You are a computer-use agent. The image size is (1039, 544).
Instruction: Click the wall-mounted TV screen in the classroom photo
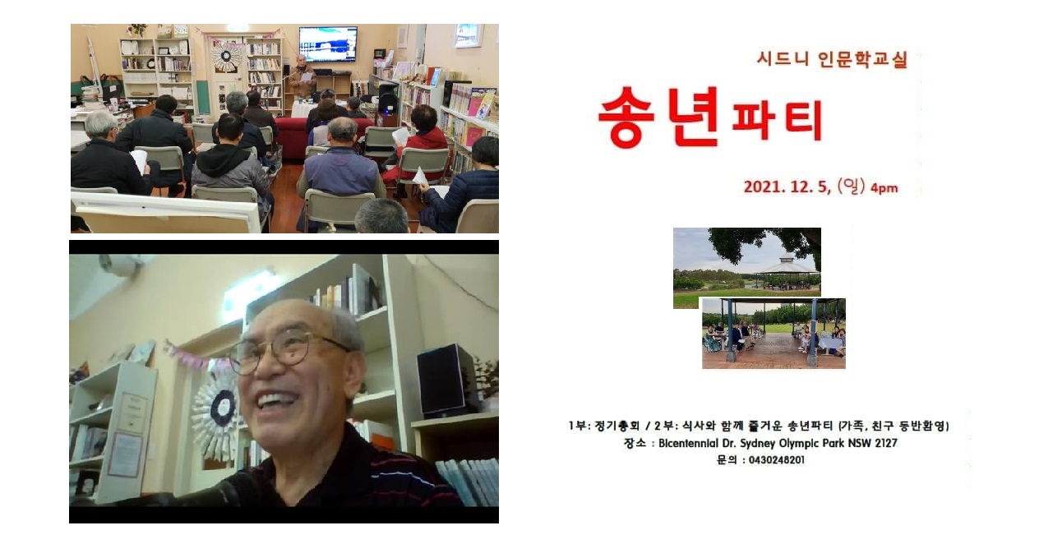coord(328,44)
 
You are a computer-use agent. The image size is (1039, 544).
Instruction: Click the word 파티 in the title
coord(777,121)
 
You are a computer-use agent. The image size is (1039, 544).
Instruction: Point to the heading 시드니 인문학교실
coord(832,59)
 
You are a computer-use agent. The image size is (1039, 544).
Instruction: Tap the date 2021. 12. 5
coord(787,187)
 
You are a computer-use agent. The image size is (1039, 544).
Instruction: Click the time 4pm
coord(884,188)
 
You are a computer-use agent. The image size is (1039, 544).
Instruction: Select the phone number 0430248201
coord(777,460)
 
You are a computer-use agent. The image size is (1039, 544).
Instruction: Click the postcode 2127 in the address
coord(886,443)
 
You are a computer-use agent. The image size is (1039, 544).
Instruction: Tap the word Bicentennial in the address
coord(688,443)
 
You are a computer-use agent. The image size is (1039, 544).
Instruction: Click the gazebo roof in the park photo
coord(787,265)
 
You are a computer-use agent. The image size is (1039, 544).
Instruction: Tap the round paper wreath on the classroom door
coord(226,57)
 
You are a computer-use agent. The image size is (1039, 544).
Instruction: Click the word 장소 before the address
coord(635,443)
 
